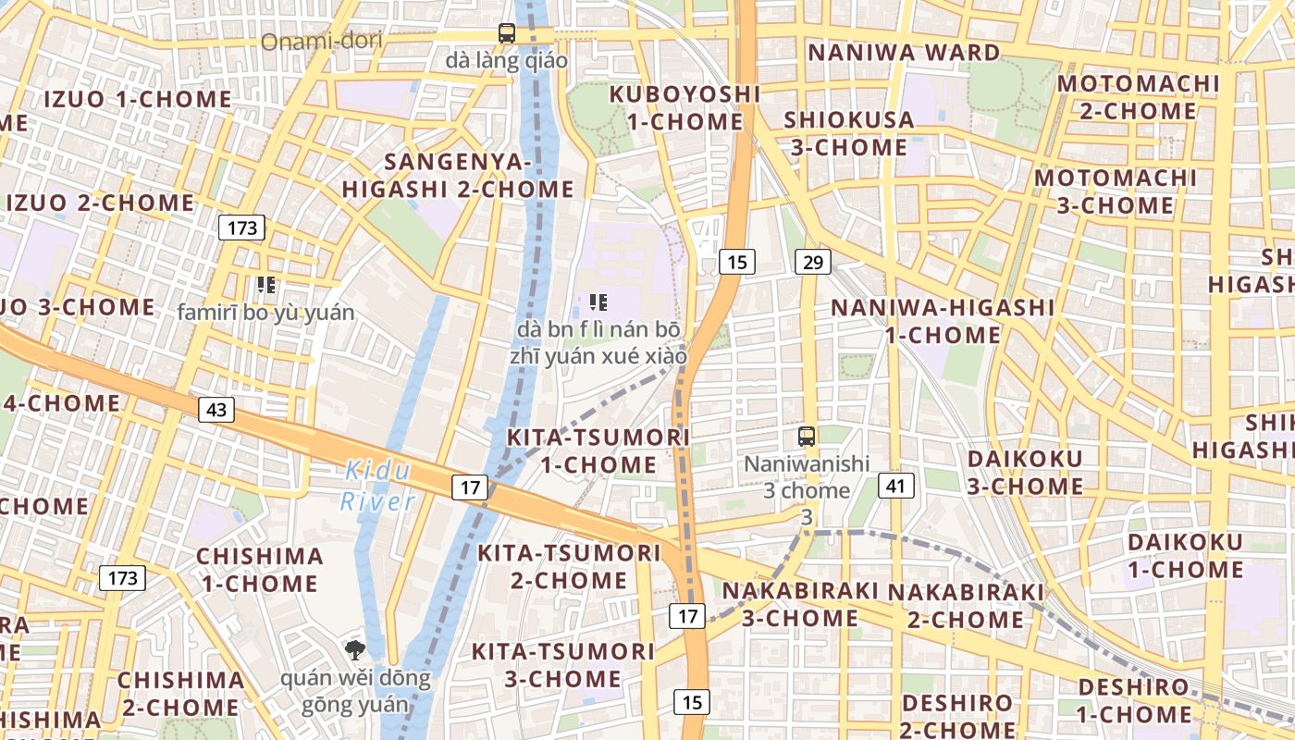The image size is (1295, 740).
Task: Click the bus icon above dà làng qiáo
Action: [507, 33]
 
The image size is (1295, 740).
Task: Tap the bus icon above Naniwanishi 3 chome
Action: [807, 436]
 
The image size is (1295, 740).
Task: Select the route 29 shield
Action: [812, 262]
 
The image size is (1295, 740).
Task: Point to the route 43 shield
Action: [216, 409]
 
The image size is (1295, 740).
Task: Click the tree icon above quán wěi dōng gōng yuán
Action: [355, 650]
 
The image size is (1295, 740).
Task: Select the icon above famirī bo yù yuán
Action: [266, 285]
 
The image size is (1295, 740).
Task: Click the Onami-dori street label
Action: [321, 42]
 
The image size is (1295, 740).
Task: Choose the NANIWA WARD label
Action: [905, 53]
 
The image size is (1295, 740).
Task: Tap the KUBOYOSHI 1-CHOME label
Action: [684, 107]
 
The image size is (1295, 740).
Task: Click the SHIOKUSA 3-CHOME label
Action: [848, 133]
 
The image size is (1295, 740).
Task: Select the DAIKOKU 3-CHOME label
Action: [1025, 472]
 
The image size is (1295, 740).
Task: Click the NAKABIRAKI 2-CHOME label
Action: [965, 605]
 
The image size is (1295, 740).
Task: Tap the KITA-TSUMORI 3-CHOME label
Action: [562, 664]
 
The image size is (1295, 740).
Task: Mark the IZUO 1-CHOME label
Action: [138, 99]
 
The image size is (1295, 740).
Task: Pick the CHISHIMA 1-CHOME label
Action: [260, 570]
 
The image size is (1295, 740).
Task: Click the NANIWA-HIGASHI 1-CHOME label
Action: [942, 320]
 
